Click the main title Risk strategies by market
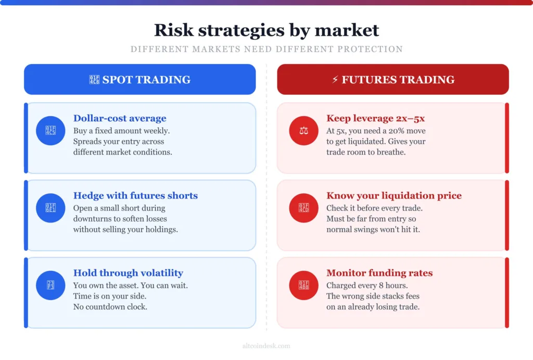266,30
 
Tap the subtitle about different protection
266,49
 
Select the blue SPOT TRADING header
139,80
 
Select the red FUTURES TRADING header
393,80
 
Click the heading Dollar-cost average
120,118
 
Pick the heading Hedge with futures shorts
135,196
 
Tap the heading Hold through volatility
128,273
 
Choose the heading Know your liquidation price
394,196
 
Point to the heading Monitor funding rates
379,273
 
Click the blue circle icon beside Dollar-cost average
50,130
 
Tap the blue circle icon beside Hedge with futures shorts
50,208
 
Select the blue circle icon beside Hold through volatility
50,285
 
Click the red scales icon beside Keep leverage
303,130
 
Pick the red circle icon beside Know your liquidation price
303,208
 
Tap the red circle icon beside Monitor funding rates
303,285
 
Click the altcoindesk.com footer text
266,346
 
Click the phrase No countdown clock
110,307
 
